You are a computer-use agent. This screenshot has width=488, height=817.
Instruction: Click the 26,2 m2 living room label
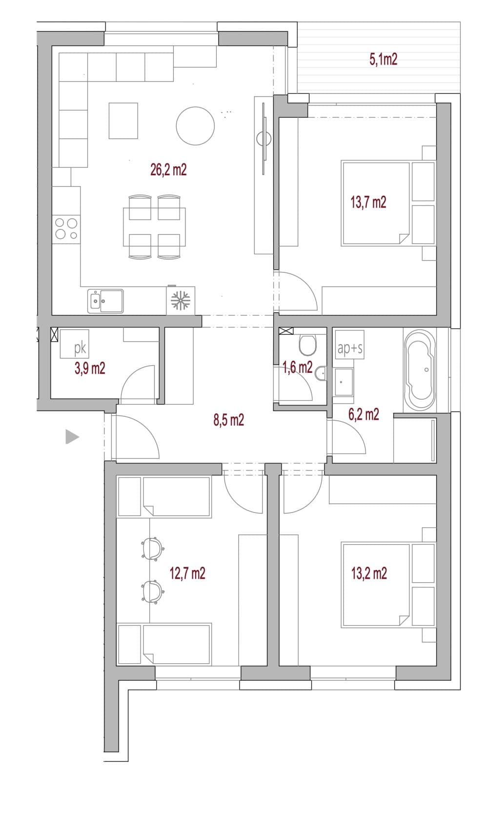point(168,170)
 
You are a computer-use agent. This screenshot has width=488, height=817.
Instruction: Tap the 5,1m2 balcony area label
point(383,59)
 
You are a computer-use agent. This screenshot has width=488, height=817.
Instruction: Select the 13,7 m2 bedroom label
point(368,202)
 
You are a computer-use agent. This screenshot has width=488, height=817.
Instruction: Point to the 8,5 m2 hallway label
point(229,420)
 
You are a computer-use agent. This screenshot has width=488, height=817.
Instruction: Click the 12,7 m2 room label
point(187,573)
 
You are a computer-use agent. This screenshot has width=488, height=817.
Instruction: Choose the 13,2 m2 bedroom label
point(369,573)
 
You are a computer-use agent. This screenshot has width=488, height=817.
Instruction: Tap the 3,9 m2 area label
point(90,368)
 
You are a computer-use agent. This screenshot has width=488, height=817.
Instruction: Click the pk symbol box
point(74,344)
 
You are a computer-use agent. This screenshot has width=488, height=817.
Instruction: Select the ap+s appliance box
point(349,345)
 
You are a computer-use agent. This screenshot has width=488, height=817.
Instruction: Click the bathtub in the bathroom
point(420,370)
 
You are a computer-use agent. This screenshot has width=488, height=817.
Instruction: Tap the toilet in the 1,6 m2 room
point(307,345)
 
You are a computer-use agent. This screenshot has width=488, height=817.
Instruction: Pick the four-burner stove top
point(66,229)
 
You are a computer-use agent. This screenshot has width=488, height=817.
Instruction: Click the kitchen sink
point(105,301)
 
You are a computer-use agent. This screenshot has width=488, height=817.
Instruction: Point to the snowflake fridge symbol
point(181,301)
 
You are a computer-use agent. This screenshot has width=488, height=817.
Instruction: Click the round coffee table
point(195,126)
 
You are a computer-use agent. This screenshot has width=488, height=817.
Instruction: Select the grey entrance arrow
point(71,437)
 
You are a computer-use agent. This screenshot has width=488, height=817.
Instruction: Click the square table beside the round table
point(123,121)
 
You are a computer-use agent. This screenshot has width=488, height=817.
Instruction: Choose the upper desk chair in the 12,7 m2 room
point(152,548)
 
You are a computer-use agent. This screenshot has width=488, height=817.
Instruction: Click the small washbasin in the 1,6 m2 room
point(321,373)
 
